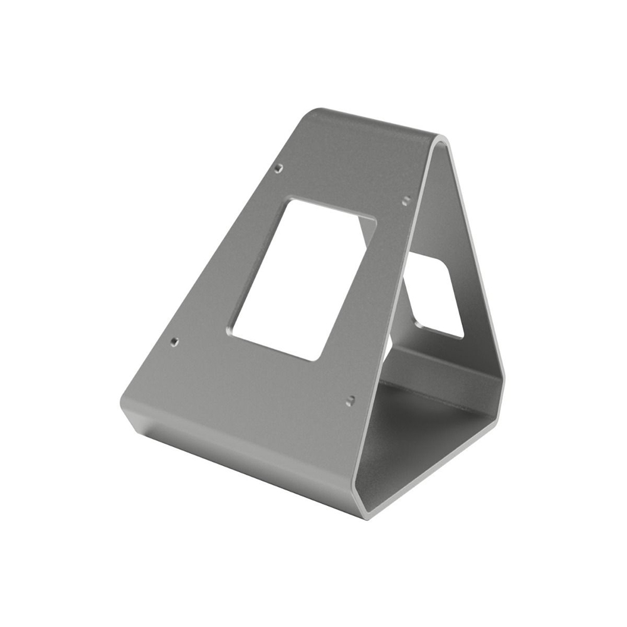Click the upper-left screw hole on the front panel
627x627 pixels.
(279, 168)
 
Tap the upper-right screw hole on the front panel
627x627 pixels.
(406, 200)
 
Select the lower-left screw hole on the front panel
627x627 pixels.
(174, 342)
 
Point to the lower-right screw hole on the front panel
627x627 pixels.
(351, 399)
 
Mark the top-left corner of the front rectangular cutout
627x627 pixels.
(290, 201)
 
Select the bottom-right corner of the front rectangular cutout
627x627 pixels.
(317, 359)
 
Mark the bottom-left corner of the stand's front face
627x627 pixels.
(123, 401)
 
